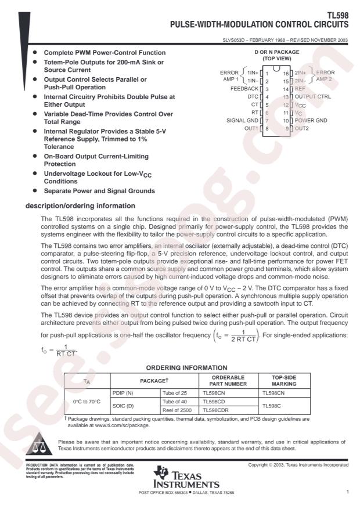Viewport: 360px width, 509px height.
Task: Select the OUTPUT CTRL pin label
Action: (x=313, y=97)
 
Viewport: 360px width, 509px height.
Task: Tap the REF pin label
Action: (x=301, y=89)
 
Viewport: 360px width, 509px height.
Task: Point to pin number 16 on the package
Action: (x=286, y=74)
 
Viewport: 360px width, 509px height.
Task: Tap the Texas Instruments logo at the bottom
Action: (x=183, y=478)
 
